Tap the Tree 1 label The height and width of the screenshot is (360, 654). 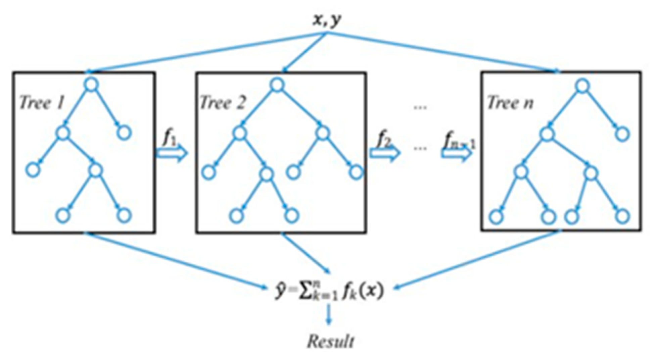coord(42,103)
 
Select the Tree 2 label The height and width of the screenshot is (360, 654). coord(223,103)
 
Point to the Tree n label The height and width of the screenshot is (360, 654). coord(510,103)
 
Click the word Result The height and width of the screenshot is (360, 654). coord(331,342)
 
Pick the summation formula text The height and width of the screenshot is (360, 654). coord(329,290)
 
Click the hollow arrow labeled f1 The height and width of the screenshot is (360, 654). coord(172,154)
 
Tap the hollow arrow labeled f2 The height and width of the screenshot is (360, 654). coord(385,154)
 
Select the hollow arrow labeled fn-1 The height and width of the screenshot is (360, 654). coord(457,154)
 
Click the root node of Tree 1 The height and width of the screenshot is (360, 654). coord(91,85)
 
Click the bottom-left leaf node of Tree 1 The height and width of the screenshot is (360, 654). coord(63,215)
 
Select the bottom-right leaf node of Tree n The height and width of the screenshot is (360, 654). coord(622,216)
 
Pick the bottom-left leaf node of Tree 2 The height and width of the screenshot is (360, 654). coord(237,216)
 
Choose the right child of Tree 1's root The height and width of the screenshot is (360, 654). coord(124,133)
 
